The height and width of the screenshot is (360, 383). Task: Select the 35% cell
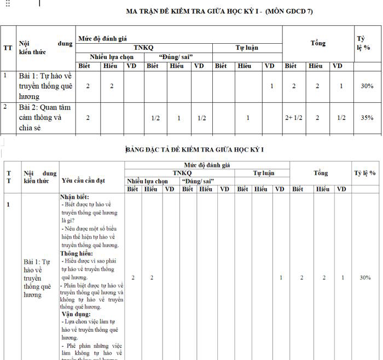click(367, 118)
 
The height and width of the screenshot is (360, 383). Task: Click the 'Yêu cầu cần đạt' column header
click(84, 180)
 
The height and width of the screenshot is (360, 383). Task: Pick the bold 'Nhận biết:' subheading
click(74, 197)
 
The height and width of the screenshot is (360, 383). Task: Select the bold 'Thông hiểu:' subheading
click(77, 253)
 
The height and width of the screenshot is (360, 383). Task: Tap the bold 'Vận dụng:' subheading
click(75, 314)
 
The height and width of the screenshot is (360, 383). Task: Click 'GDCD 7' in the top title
click(298, 10)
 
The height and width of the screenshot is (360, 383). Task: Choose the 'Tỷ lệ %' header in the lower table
click(364, 173)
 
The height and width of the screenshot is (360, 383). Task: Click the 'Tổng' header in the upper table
click(318, 43)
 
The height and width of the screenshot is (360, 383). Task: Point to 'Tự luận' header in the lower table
click(263, 173)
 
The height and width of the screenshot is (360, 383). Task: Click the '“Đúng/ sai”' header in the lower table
click(198, 181)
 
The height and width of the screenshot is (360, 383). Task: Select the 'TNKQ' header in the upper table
click(144, 48)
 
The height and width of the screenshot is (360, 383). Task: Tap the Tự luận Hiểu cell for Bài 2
click(247, 118)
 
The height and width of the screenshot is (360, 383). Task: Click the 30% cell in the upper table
click(367, 86)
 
